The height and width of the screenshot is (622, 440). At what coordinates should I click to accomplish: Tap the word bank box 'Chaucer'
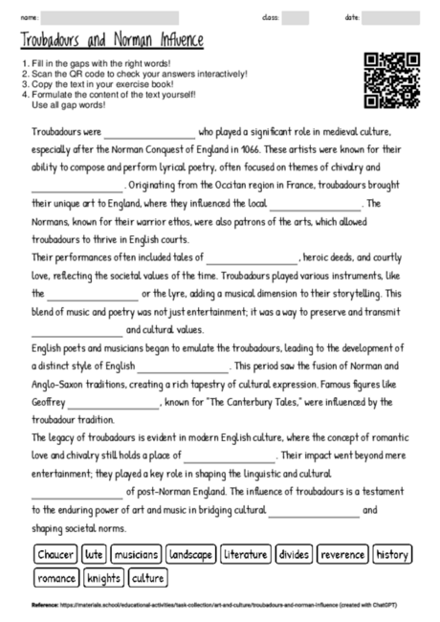point(55,554)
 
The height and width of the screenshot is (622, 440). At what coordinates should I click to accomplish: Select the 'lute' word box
point(94,554)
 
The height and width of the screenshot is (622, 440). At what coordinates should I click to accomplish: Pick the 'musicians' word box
point(135,554)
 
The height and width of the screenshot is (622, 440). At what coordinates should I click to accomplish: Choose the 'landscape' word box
point(190,554)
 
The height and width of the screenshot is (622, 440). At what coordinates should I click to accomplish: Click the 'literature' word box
point(246,554)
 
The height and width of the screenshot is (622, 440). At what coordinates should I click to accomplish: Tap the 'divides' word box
point(295,554)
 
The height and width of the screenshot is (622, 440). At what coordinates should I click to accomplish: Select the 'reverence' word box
point(342,554)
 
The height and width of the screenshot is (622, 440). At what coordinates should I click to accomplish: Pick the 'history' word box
point(392,554)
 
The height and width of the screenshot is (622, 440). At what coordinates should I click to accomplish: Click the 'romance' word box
point(57,578)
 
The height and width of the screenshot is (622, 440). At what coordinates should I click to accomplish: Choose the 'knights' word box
point(104,578)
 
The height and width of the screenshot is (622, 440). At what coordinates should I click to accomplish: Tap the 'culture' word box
point(148,578)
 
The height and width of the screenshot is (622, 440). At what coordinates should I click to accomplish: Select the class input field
point(296,18)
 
